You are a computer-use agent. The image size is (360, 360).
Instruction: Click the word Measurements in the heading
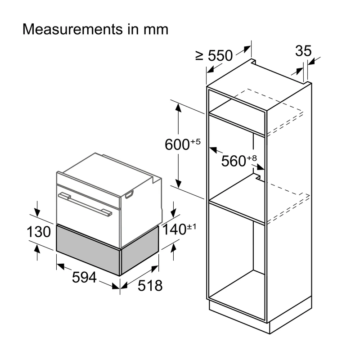(x=73, y=29)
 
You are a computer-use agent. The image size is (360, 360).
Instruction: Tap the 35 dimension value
(x=303, y=51)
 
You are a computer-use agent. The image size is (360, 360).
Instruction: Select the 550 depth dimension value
(x=220, y=55)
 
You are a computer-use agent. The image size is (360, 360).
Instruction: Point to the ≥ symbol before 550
(x=199, y=56)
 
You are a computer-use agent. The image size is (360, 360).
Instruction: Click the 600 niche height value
(x=177, y=144)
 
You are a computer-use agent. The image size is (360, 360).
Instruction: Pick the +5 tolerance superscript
(x=195, y=141)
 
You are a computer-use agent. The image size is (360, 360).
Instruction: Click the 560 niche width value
(x=234, y=161)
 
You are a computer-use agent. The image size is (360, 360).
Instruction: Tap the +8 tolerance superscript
(x=252, y=158)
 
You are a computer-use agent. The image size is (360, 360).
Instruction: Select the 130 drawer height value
(x=39, y=232)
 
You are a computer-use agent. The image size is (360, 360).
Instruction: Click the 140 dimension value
(x=174, y=229)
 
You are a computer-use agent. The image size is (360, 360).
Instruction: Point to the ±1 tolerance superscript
(x=192, y=227)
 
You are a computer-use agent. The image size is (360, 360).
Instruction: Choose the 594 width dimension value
(x=84, y=277)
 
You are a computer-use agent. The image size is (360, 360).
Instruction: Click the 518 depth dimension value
(x=150, y=286)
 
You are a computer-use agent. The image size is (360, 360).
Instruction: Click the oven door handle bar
(x=85, y=204)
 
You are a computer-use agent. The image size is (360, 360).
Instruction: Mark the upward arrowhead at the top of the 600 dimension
(x=178, y=108)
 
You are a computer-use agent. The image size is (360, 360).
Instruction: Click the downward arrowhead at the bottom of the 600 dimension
(x=178, y=184)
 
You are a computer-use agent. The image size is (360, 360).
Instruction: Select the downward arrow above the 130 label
(x=37, y=209)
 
